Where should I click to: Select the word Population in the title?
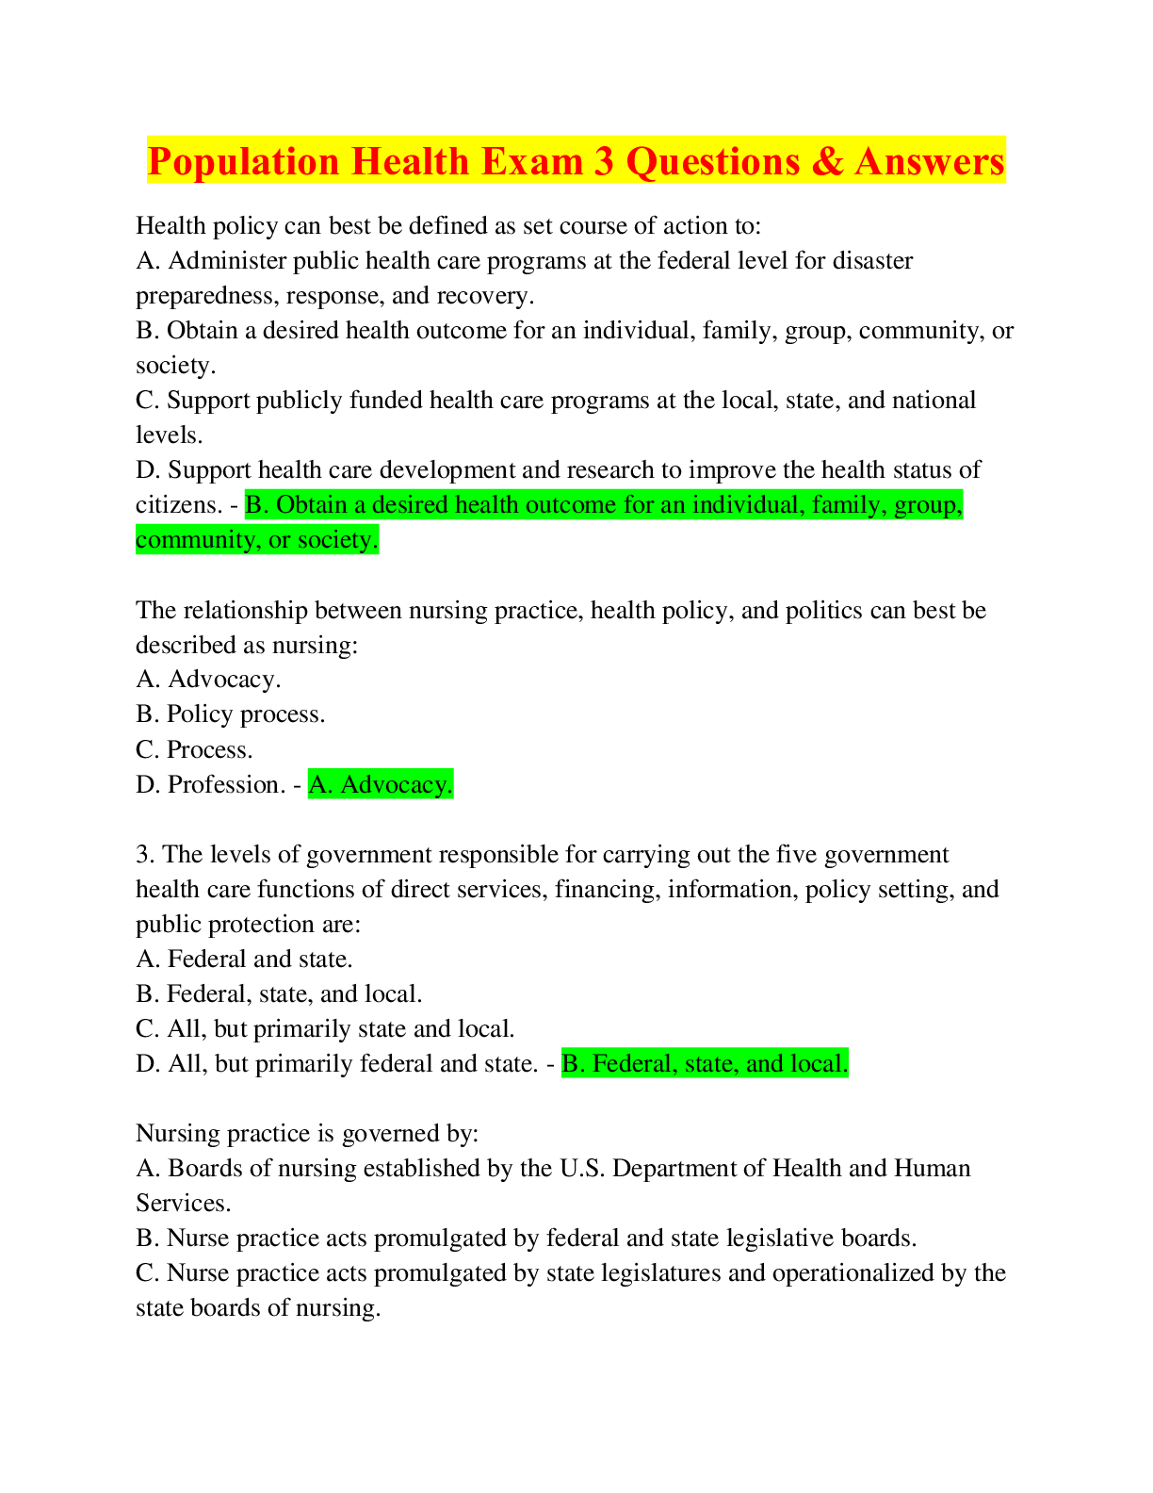(x=243, y=163)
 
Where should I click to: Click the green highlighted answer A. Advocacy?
(x=381, y=784)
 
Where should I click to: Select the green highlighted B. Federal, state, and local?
(x=705, y=1063)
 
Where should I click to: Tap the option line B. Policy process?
(x=230, y=714)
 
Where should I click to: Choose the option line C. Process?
(x=194, y=749)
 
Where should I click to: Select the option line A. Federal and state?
(x=244, y=960)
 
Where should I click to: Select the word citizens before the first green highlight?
(x=179, y=505)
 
